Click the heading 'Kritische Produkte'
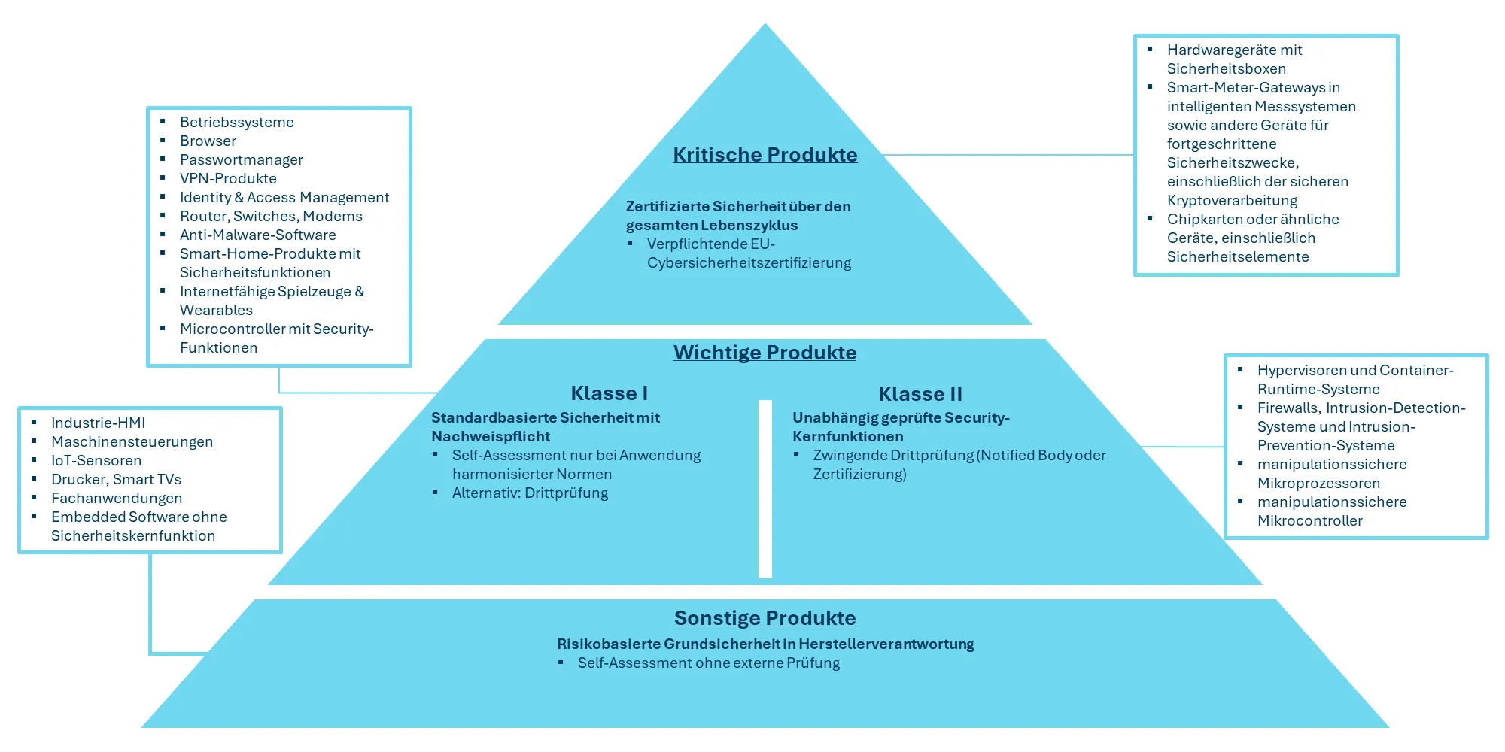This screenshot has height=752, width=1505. coord(765,155)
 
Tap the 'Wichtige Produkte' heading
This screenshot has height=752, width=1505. coord(765,353)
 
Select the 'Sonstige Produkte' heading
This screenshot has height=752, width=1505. coord(765,618)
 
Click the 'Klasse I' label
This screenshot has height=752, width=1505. coord(609,393)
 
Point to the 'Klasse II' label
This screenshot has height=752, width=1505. coord(920,394)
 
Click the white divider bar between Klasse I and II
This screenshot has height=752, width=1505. coord(765,489)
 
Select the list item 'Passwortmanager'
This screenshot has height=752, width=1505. coord(241,160)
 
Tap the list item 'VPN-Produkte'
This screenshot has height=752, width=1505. coord(228,179)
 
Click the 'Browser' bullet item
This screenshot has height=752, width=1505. coord(208,141)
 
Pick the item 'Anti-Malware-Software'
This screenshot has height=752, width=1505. coord(257,235)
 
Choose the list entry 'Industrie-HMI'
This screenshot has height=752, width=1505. coord(98,423)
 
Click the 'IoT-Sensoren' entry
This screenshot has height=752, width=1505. coord(96,461)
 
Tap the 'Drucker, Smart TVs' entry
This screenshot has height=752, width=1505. coord(116,480)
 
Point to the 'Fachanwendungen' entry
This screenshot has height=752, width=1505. coord(117,499)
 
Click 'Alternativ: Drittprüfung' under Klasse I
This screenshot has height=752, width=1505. coord(530,493)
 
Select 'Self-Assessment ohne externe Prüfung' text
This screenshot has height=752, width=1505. coord(708,663)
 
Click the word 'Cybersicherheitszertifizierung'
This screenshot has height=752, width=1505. coord(749,263)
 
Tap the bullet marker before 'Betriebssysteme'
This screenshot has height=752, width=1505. coord(163,121)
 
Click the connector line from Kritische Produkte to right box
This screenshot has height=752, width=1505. coord(1008,155)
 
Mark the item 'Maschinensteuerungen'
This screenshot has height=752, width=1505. coord(132,442)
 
